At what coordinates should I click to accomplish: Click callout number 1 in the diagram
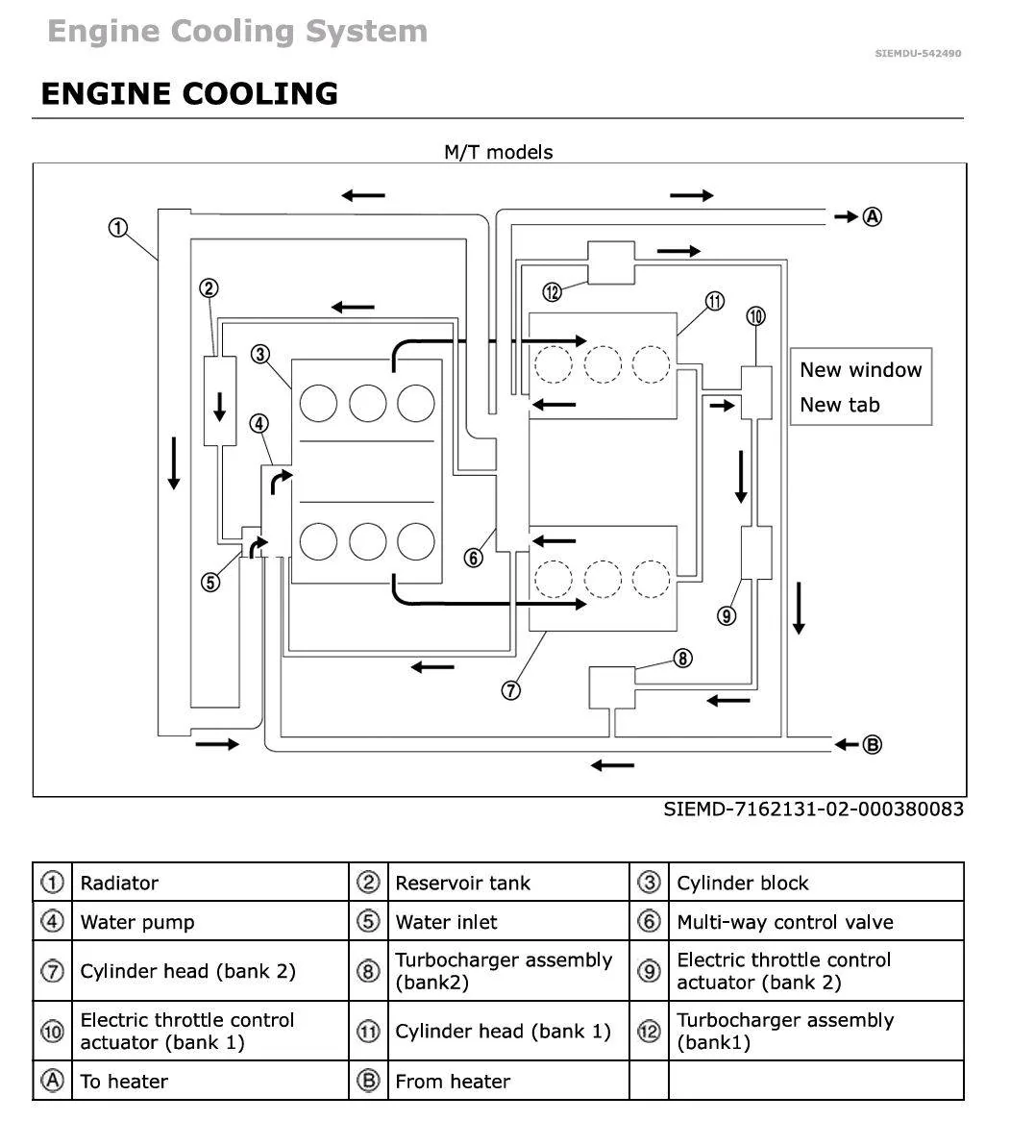[118, 228]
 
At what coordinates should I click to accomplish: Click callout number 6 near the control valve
[473, 558]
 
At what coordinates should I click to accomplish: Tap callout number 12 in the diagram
[553, 291]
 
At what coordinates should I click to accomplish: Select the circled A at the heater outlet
[872, 216]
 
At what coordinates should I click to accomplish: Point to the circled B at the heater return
[872, 745]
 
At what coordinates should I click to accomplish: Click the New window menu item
[861, 369]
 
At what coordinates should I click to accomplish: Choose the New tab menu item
[840, 405]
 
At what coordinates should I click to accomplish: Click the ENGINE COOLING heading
[189, 93]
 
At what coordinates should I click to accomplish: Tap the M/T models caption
[499, 152]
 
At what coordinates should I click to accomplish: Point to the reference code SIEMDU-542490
[918, 54]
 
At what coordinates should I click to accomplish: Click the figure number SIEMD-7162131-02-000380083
[813, 810]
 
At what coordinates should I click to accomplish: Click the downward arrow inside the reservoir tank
[220, 406]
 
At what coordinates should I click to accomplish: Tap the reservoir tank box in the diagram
[220, 401]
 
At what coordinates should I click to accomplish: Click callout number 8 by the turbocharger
[683, 658]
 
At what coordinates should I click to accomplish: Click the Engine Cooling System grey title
[237, 32]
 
